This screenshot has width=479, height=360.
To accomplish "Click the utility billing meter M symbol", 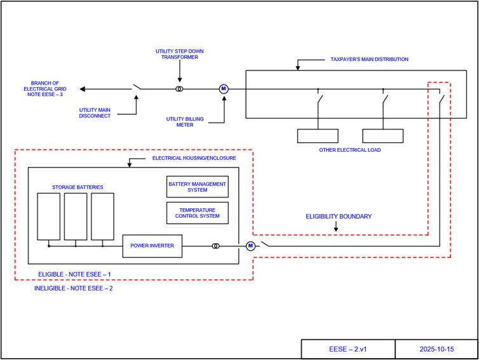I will [223, 89].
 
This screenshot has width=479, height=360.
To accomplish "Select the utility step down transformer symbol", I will [180, 89].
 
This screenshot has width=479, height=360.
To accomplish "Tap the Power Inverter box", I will [152, 246].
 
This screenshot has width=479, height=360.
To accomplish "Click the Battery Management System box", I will [197, 187].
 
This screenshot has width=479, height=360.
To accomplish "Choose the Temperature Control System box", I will [197, 213].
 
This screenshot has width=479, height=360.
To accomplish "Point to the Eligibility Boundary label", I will [339, 217].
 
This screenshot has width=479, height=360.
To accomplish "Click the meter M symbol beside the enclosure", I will [250, 246].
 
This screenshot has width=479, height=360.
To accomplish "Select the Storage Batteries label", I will [78, 187].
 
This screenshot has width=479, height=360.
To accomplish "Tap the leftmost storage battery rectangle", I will [48, 216].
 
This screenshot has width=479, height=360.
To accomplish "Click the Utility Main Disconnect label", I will [95, 113].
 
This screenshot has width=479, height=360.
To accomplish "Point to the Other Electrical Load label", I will [351, 150].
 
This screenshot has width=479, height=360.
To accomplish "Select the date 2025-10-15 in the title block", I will [436, 349].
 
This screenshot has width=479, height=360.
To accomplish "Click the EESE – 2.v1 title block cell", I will [347, 349].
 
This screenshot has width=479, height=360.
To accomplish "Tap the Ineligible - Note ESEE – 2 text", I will [74, 288].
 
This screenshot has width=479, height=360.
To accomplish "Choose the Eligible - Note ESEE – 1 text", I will [75, 274].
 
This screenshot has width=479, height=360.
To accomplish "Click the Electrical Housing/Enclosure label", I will [194, 157].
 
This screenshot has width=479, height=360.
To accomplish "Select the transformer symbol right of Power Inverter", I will [216, 246].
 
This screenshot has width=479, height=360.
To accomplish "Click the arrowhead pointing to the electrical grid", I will [83, 89].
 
